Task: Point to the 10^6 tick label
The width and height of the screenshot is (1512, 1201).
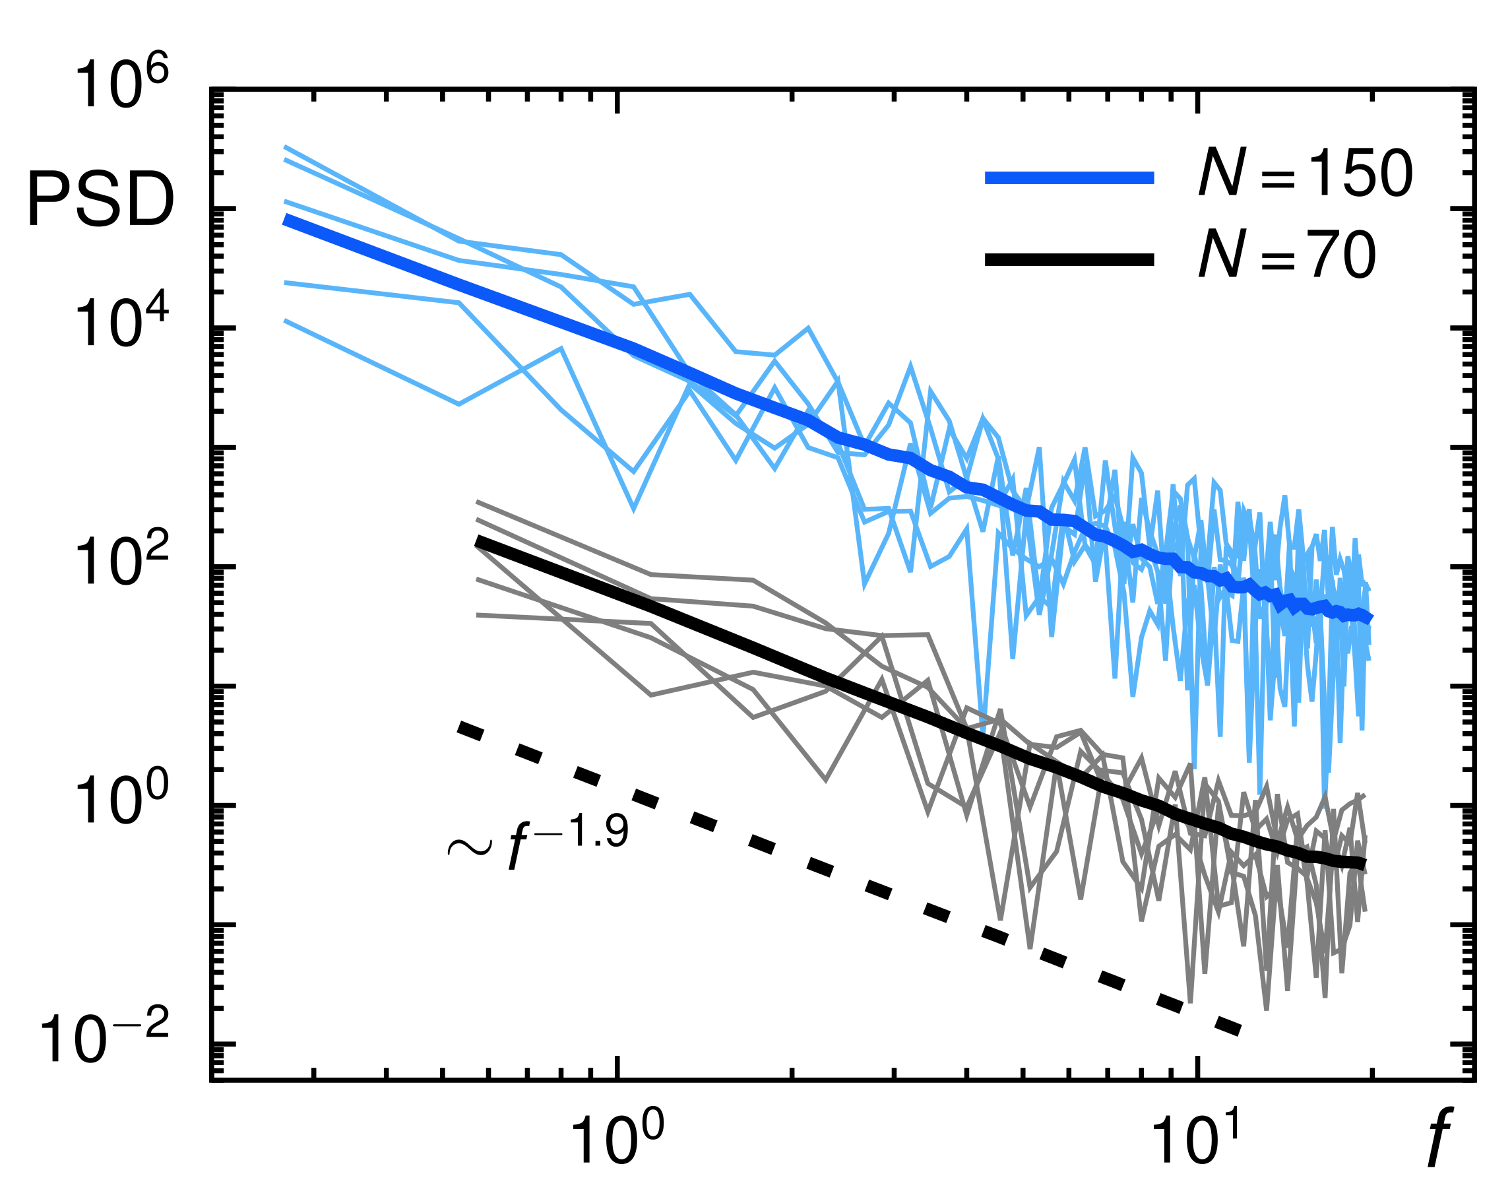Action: pos(121,84)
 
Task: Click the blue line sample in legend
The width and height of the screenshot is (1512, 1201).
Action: pos(1069,178)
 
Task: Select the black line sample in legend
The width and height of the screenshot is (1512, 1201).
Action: pos(1069,260)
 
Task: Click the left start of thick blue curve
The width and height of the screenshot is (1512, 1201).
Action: pos(286,220)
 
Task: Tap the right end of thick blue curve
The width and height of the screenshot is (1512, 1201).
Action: pos(1369,618)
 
